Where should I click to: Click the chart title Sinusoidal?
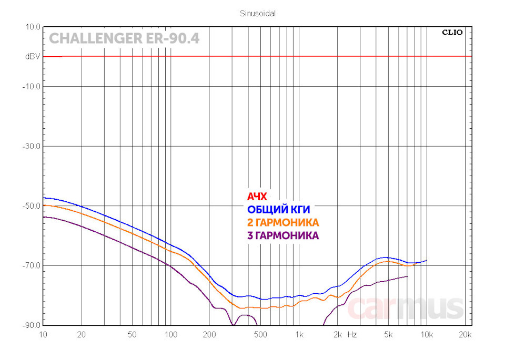254,14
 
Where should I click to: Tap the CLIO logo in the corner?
452,32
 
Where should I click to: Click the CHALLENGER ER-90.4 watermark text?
124,39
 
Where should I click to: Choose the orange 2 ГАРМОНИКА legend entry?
283,222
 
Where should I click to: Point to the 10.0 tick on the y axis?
33,26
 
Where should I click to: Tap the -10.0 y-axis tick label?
32,86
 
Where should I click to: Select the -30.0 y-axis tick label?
32,146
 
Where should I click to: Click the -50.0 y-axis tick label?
32,205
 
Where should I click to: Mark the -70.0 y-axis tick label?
32,265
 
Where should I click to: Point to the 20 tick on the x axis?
82,334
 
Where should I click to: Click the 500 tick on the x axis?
260,334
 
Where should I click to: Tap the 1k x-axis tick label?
299,334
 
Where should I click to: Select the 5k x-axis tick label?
388,334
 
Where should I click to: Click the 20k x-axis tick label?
464,334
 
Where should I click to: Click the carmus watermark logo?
405,308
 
